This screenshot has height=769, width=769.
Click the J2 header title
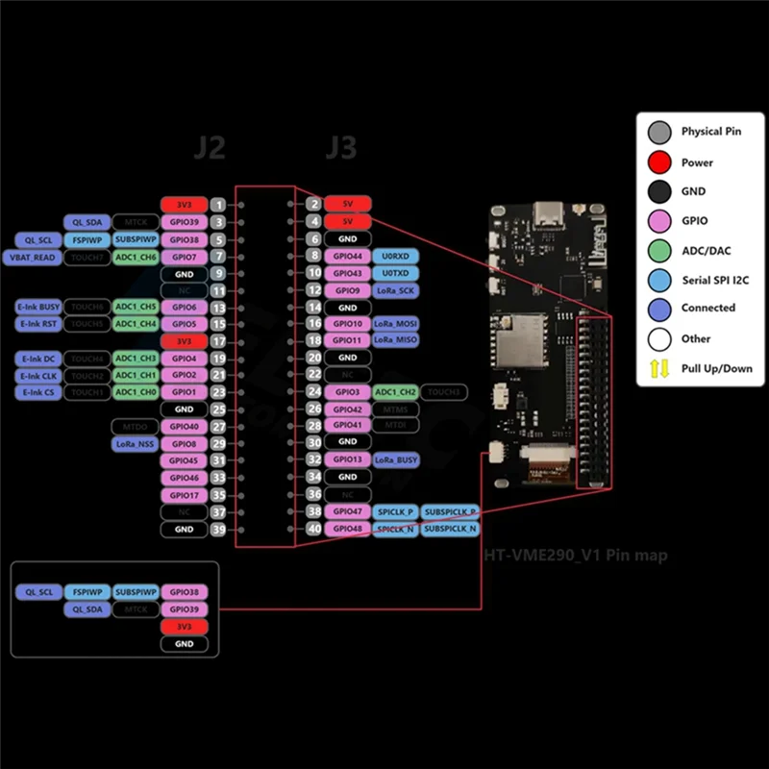pyautogui.click(x=209, y=147)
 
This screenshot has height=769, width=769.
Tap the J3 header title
pyautogui.click(x=340, y=147)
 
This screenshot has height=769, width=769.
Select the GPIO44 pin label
pyautogui.click(x=347, y=256)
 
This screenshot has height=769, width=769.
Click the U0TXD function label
pyautogui.click(x=394, y=273)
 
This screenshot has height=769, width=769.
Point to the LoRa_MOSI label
pyautogui.click(x=395, y=325)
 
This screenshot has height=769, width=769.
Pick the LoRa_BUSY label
pyautogui.click(x=395, y=460)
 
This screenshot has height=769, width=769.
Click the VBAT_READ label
pyautogui.click(x=33, y=257)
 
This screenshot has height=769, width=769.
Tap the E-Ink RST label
pyautogui.click(x=38, y=324)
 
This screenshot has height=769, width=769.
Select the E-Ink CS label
pyautogui.click(x=38, y=392)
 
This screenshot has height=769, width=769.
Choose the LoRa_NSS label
pyautogui.click(x=134, y=444)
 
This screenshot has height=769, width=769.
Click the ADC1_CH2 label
pyautogui.click(x=394, y=392)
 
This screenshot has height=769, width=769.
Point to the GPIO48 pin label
pyautogui.click(x=347, y=529)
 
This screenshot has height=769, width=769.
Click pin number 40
pyautogui.click(x=313, y=529)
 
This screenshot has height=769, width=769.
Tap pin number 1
pyautogui.click(x=219, y=205)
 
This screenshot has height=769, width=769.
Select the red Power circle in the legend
pyautogui.click(x=659, y=161)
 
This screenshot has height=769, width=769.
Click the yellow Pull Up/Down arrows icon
pyautogui.click(x=659, y=368)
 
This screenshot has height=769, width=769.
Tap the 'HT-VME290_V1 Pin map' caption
pyautogui.click(x=575, y=556)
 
